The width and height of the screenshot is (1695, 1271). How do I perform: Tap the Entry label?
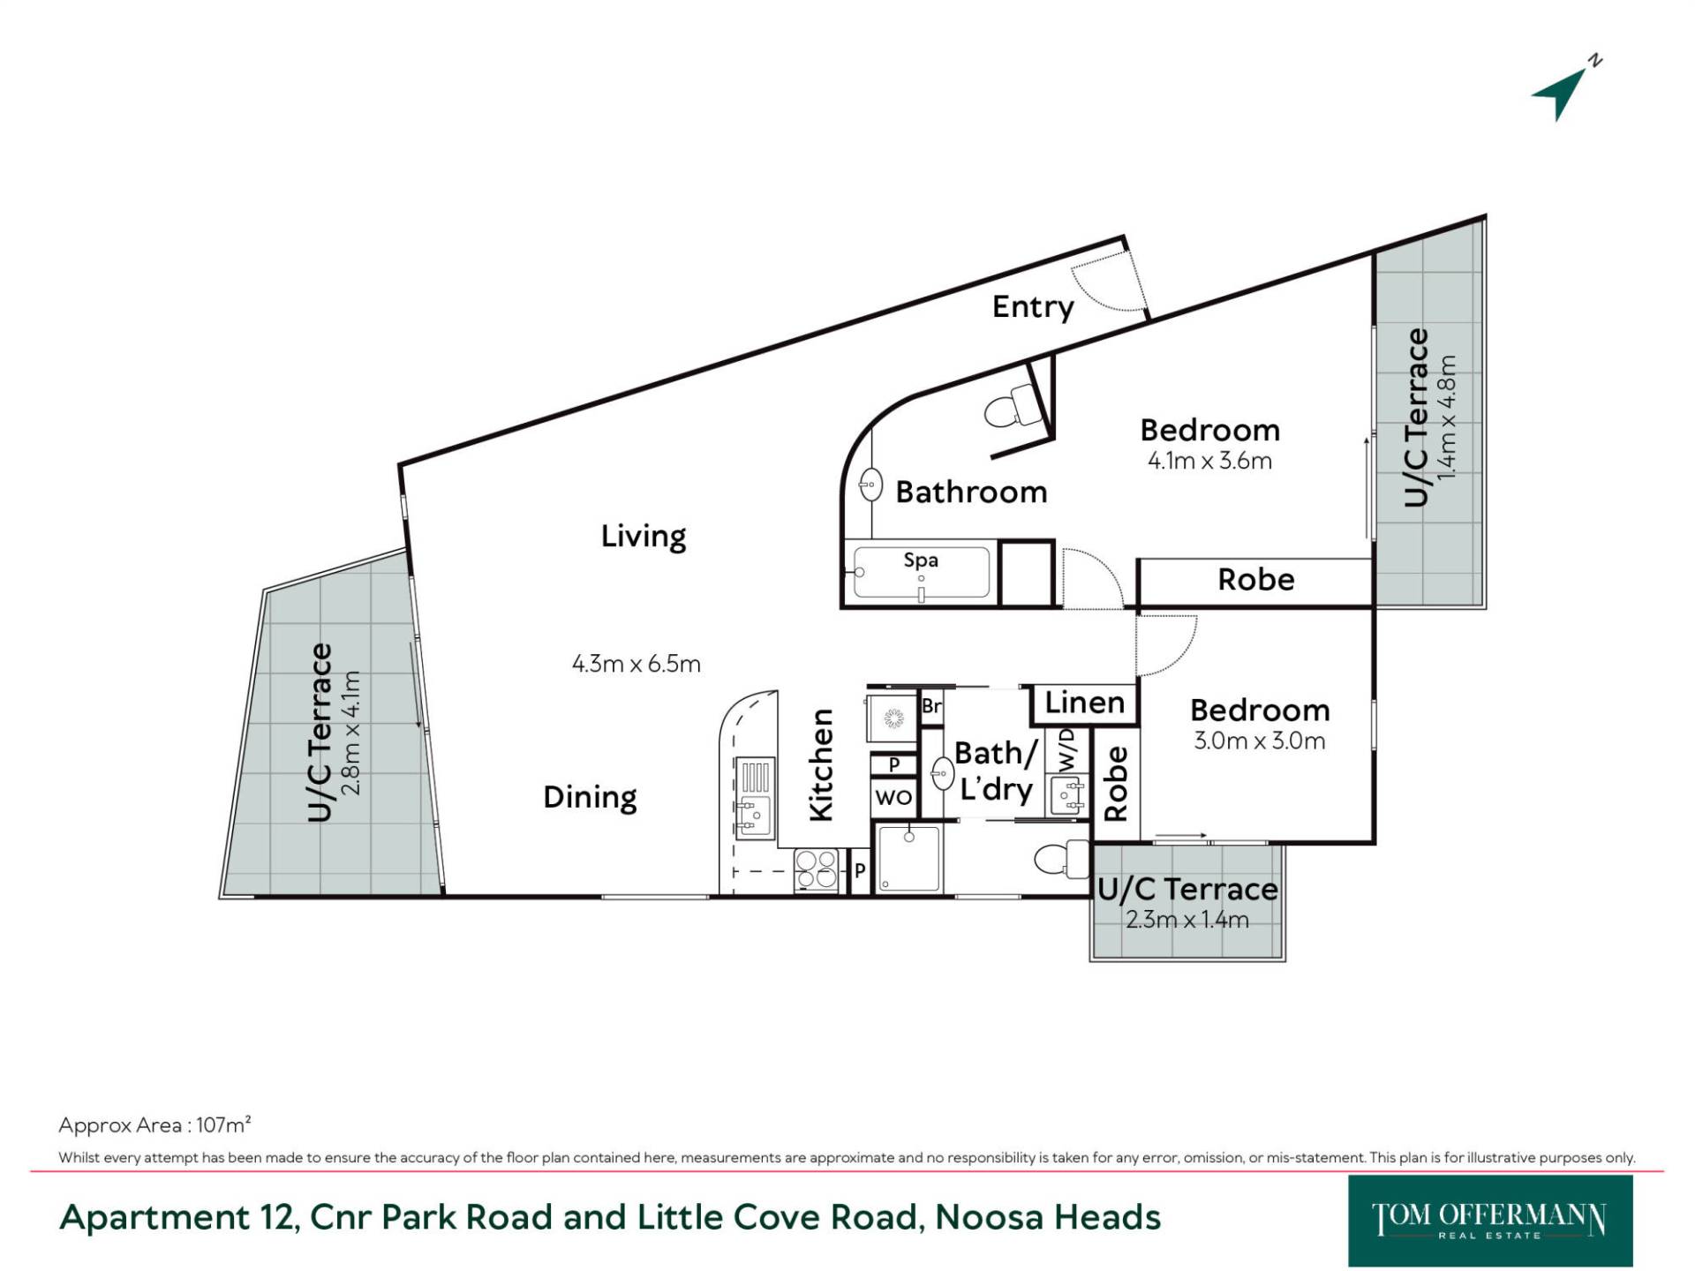(x=1033, y=307)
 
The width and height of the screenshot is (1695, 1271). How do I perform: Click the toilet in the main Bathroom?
(x=1014, y=407)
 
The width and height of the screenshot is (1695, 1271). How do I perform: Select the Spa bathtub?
(x=922, y=572)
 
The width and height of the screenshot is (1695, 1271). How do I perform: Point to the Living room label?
(x=644, y=537)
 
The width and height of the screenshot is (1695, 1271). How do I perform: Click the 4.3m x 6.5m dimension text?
(x=637, y=664)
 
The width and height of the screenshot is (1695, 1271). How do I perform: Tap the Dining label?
(x=590, y=797)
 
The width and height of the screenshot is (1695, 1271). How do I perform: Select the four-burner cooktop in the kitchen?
(x=816, y=869)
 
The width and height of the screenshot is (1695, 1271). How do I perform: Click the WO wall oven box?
(x=893, y=798)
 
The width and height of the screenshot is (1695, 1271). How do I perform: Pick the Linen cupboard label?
(x=1085, y=703)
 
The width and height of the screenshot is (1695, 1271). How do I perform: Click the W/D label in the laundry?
(x=1067, y=750)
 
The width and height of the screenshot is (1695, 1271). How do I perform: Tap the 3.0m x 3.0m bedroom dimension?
(x=1260, y=741)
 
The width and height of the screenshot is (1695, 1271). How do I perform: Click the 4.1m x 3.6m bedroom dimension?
(x=1209, y=461)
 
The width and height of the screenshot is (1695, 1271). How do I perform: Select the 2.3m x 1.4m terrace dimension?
(x=1187, y=920)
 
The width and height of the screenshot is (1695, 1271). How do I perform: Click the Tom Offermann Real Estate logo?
(x=1490, y=1221)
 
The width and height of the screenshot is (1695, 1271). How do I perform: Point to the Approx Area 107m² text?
(x=154, y=1124)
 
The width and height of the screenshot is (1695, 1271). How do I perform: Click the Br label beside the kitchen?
(x=931, y=706)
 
